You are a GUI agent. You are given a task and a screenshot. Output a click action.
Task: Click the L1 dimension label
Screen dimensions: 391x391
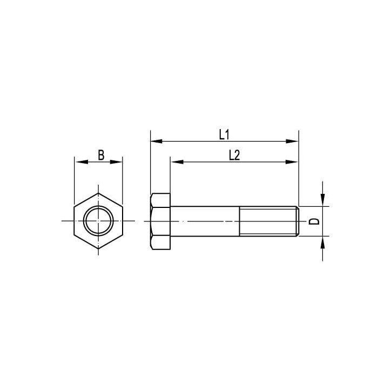(x=224, y=134)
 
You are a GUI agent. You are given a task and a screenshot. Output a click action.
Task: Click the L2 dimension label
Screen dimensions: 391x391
(x=234, y=155)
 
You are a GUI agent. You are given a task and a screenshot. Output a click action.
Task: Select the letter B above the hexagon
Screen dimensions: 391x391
(x=101, y=155)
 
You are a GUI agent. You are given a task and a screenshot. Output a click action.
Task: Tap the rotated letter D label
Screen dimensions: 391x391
(x=312, y=221)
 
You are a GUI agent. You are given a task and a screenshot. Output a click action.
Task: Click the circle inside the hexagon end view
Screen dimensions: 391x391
(x=98, y=221)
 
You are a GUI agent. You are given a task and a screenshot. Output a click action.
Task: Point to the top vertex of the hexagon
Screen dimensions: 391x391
(x=98, y=192)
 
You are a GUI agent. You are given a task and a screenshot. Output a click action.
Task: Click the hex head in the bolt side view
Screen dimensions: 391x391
(x=160, y=221)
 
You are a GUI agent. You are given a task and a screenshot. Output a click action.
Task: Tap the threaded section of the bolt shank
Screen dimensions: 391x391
(x=267, y=221)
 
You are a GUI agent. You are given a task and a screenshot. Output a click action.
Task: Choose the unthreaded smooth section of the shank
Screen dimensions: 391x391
(x=205, y=221)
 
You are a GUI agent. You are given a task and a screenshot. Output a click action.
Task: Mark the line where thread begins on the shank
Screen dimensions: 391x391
(x=240, y=221)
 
